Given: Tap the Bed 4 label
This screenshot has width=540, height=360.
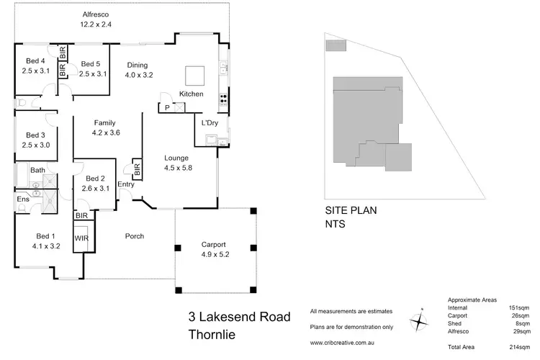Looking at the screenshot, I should click(35, 61).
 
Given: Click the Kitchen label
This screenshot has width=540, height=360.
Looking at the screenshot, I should click(192, 94).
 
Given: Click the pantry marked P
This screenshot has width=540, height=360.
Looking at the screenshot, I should click(168, 108).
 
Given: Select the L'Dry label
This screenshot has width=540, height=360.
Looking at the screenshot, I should click(210, 123).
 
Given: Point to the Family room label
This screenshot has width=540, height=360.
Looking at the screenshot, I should click(104, 123).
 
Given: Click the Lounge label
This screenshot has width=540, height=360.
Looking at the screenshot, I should click(176, 158).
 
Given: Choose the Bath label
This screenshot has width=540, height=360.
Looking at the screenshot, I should click(37, 170).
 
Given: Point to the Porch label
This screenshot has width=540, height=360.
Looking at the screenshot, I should click(135, 235).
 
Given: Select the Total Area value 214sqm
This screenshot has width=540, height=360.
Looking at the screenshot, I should click(526, 346).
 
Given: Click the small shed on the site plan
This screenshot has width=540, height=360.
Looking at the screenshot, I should click(336, 46).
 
